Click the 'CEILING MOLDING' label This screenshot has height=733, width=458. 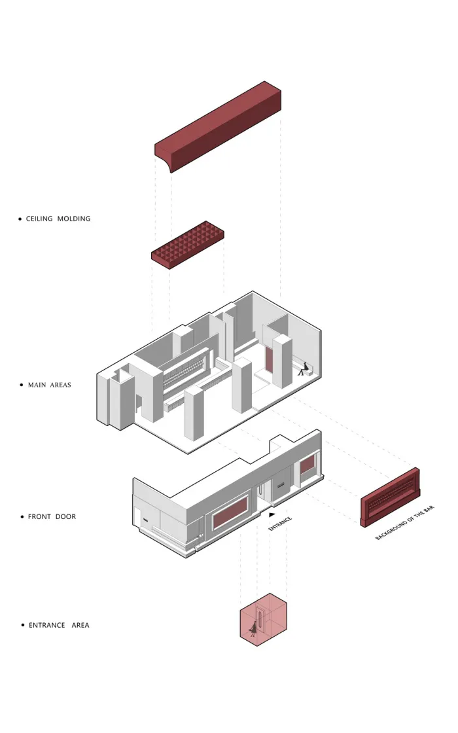coord(58,219)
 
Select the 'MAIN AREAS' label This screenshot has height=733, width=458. coord(50,385)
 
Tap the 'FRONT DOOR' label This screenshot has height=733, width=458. coord(52,516)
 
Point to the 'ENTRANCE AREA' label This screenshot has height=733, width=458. coord(59,625)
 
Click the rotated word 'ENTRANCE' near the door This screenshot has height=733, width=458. coord(280,524)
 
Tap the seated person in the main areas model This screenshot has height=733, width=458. coord(302,368)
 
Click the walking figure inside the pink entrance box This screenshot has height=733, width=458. coord(252,629)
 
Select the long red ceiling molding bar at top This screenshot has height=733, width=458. coord(219,124)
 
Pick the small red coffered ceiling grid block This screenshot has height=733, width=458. coord(188,245)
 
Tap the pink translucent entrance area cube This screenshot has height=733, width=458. coord(263,619)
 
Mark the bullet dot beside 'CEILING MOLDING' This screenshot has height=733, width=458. coord(20,219)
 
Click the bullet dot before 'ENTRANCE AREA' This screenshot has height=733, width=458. coord(23,626)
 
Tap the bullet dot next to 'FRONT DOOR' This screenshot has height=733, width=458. coord(22,517)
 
